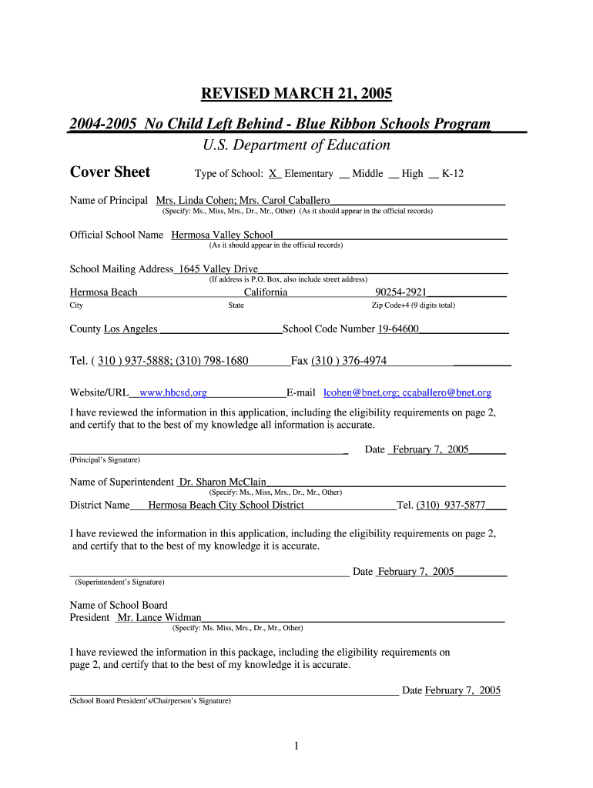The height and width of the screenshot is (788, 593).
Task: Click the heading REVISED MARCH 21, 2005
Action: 296,94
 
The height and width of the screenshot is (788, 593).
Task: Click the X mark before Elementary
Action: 273,174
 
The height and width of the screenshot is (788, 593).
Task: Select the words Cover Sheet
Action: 110,172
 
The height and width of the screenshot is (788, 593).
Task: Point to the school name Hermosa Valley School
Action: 222,235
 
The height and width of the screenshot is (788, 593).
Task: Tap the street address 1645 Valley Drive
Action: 218,269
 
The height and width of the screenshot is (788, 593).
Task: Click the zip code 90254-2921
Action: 400,292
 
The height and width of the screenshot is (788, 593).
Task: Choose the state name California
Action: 266,292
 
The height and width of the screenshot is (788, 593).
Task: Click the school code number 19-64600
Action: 398,329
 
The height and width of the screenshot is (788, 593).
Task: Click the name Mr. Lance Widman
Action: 159,617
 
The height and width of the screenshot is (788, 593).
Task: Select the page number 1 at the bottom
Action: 296,745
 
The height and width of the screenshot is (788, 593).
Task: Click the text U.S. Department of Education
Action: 296,145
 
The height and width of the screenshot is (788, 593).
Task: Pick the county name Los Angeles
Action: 131,329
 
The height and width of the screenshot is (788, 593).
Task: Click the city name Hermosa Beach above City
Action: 104,292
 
